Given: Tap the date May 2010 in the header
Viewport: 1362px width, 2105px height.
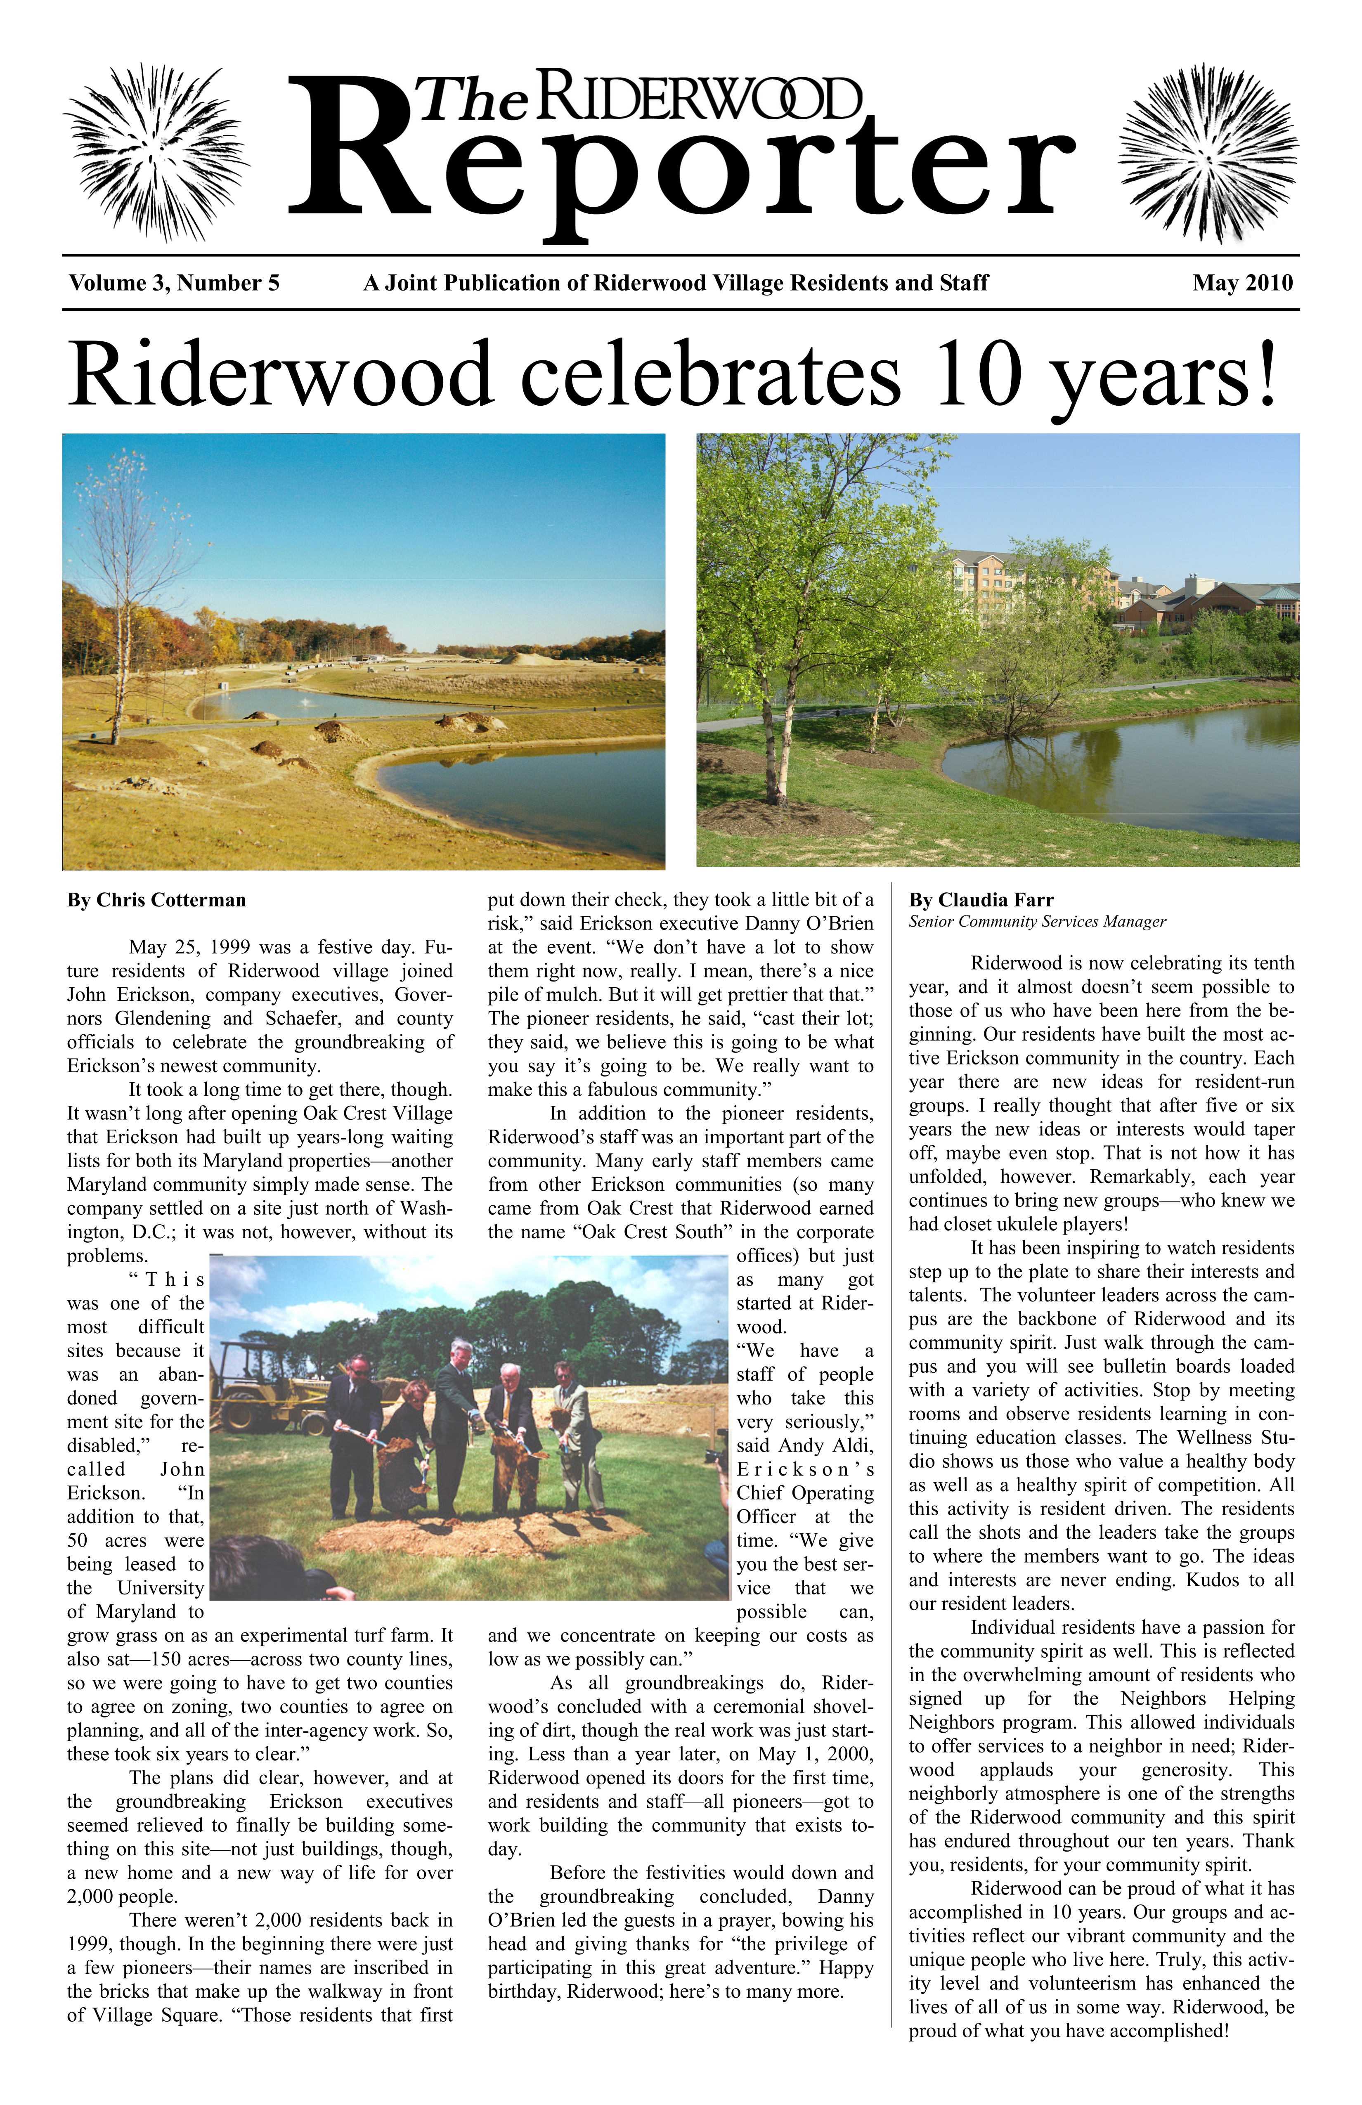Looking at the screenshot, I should pyautogui.click(x=1242, y=283).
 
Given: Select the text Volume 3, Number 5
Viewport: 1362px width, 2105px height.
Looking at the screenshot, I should pyautogui.click(x=174, y=283).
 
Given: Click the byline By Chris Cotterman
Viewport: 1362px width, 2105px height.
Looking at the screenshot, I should pyautogui.click(x=156, y=900).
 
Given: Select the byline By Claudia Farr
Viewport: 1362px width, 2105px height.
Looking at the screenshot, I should pyautogui.click(x=981, y=900).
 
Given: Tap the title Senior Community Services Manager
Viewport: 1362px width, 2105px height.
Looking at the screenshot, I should pyautogui.click(x=1036, y=922).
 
